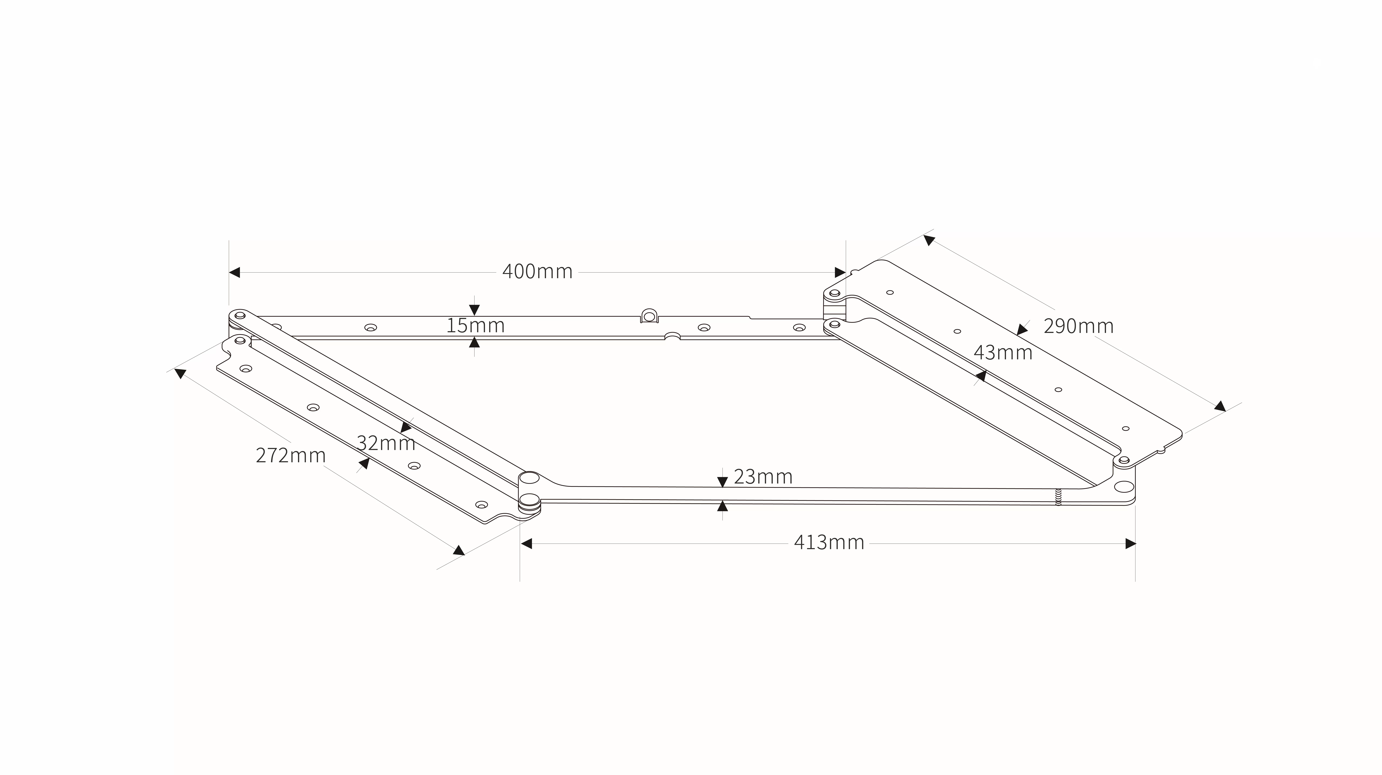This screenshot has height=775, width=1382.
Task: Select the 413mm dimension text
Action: tap(829, 543)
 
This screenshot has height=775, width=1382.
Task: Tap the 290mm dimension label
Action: tap(1078, 326)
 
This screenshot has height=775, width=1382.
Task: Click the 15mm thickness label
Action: tap(475, 326)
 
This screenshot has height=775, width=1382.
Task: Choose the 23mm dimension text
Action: tap(763, 477)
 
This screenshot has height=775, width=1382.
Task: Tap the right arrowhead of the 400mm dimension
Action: tap(840, 272)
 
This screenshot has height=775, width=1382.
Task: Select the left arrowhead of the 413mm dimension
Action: tap(526, 544)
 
